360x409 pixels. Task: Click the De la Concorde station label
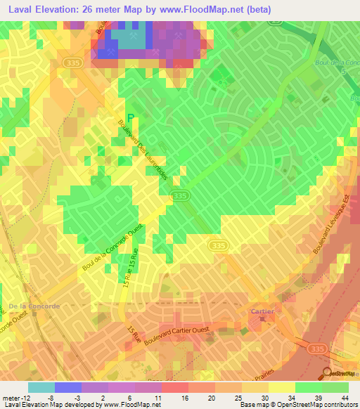(x=34, y=306)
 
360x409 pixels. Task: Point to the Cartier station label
(x=262, y=310)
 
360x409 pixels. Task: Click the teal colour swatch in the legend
(x=41, y=387)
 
